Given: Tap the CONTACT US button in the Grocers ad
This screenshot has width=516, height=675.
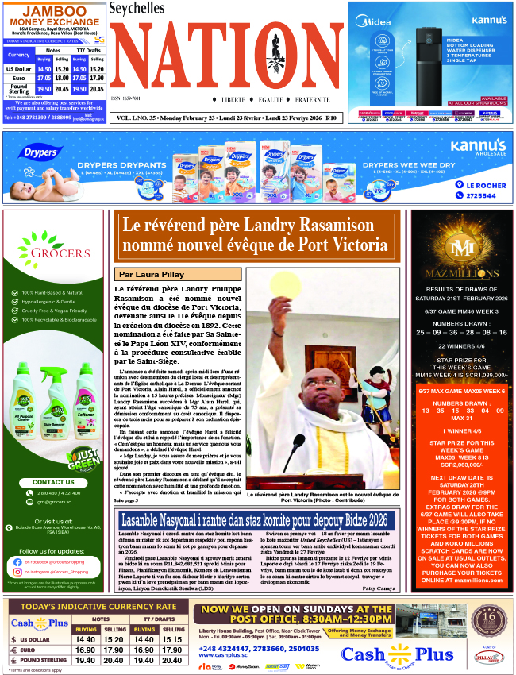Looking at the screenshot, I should (53, 482).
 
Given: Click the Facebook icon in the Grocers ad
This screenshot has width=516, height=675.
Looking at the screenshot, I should (17, 561).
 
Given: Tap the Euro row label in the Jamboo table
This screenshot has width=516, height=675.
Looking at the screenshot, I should (18, 78).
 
